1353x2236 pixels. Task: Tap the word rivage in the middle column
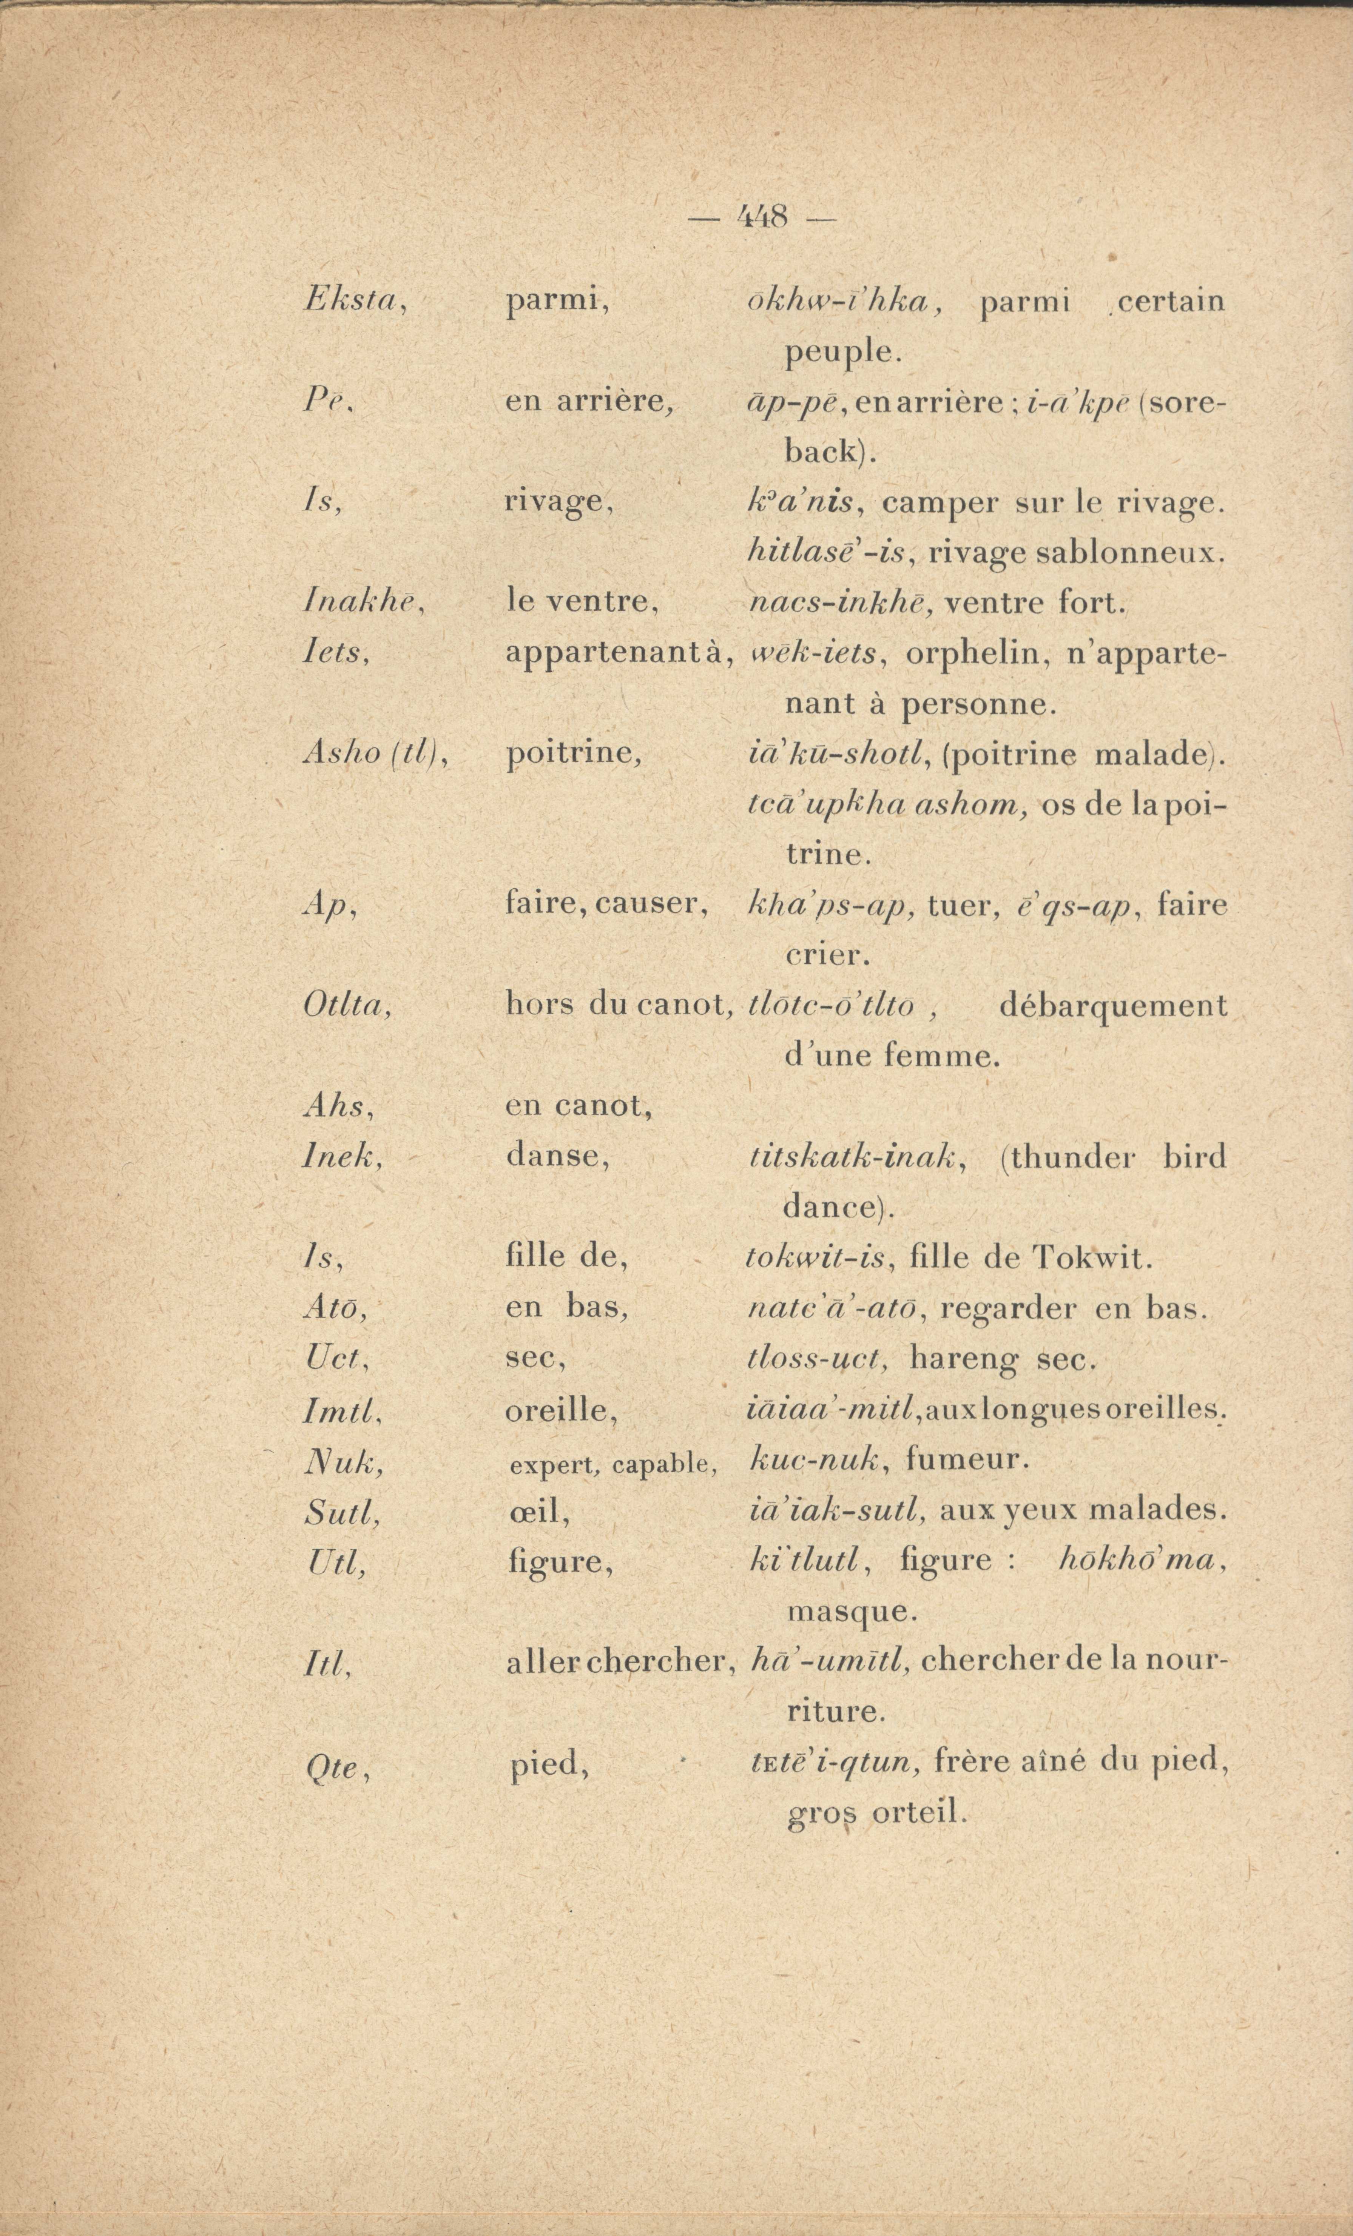[558, 501]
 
